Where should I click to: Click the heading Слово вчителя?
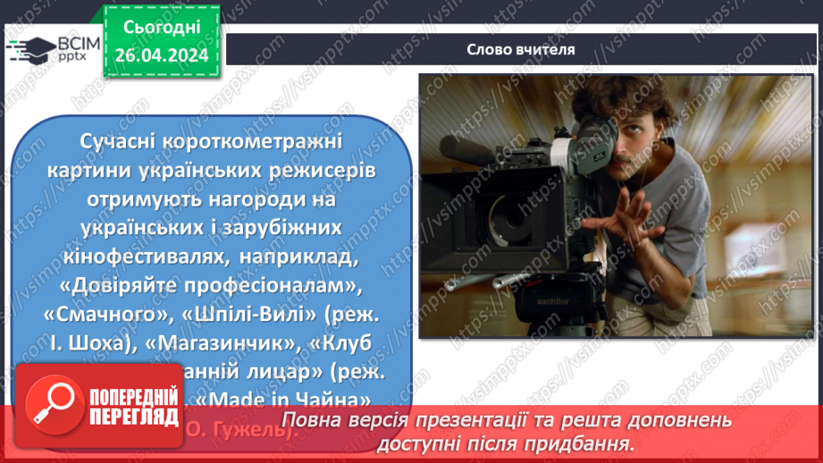(x=520, y=50)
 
